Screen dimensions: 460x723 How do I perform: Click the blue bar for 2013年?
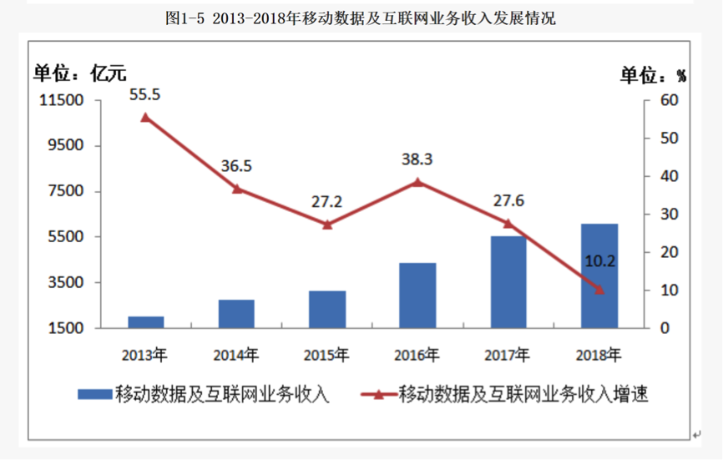[145, 322]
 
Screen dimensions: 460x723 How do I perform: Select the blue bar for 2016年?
[417, 296]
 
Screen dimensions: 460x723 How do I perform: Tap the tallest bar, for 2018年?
[599, 275]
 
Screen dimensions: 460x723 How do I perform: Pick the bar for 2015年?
[326, 309]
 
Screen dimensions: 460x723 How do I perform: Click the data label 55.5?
[144, 94]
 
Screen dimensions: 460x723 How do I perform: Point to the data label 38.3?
[417, 159]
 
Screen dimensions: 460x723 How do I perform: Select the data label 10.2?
[599, 261]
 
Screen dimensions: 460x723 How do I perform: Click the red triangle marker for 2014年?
[236, 189]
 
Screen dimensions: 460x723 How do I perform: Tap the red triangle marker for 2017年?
[508, 223]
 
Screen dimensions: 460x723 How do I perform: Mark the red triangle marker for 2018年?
[599, 290]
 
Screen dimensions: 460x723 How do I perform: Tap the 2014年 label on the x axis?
[236, 355]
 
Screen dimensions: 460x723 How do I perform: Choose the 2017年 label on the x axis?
[508, 355]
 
